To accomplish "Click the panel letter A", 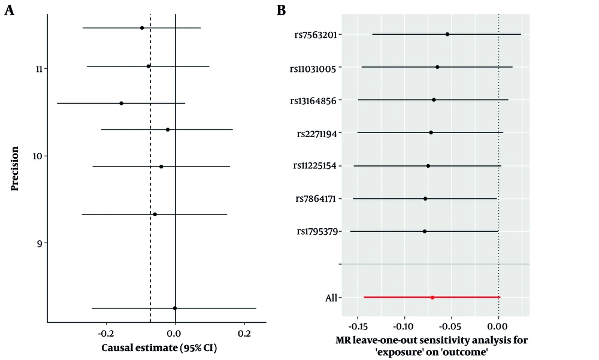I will coord(9,11).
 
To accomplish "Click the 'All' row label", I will coord(329,298).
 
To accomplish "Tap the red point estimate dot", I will coord(432,297).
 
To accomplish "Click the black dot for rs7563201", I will coord(447,34).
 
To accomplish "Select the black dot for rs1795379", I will coord(425,231).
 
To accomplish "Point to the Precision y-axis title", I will coord(14,167).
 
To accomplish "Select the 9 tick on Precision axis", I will coord(40,243).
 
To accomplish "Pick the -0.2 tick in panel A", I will coord(106,332).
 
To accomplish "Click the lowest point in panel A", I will coord(175,308).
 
